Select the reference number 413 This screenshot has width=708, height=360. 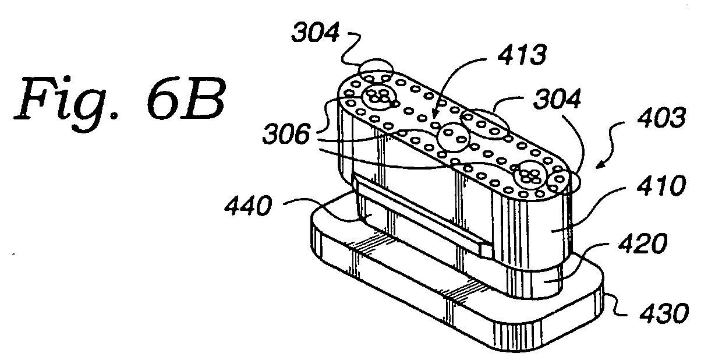[522, 54]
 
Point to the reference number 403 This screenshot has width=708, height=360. [661, 117]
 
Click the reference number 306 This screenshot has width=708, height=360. [286, 134]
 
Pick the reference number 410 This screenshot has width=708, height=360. [661, 185]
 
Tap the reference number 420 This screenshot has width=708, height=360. [643, 243]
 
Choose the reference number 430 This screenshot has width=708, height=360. [664, 313]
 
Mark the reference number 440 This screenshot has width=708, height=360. [248, 206]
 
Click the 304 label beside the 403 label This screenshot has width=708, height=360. [557, 98]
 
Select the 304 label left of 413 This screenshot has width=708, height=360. [316, 31]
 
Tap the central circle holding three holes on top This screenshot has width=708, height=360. [453, 137]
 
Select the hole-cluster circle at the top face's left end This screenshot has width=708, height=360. [378, 97]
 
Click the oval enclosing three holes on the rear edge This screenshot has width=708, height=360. [485, 125]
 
